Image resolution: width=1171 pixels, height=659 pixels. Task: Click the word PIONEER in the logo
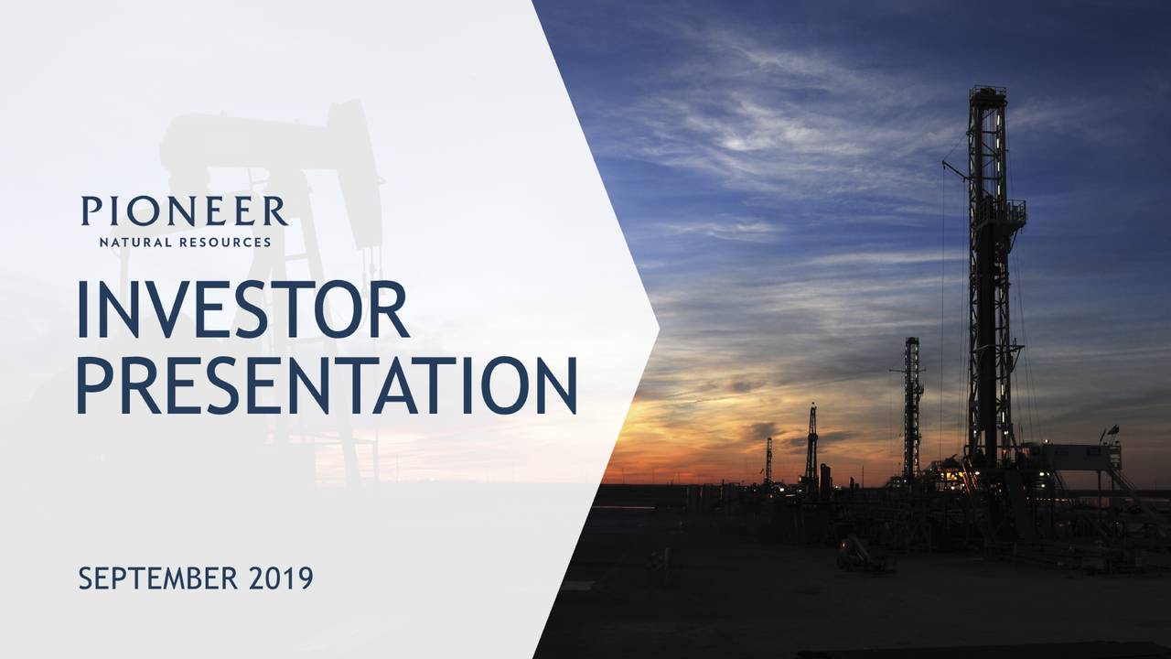click(184, 211)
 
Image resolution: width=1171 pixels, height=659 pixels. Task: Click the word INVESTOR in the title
click(242, 309)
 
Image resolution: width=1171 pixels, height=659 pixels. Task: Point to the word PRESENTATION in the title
click(327, 384)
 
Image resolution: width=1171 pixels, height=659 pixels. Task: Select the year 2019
click(281, 578)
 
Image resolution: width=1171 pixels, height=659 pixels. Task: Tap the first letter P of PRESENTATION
click(94, 384)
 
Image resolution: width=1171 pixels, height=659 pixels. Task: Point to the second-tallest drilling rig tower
click(912, 403)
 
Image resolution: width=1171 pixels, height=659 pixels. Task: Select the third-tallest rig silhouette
click(811, 444)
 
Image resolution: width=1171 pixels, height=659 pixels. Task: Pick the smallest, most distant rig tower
click(768, 460)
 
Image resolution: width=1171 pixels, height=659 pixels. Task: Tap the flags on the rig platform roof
click(1112, 432)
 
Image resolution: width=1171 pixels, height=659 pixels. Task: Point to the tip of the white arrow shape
click(656, 328)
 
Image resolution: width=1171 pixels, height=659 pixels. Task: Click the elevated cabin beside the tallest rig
click(1080, 456)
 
